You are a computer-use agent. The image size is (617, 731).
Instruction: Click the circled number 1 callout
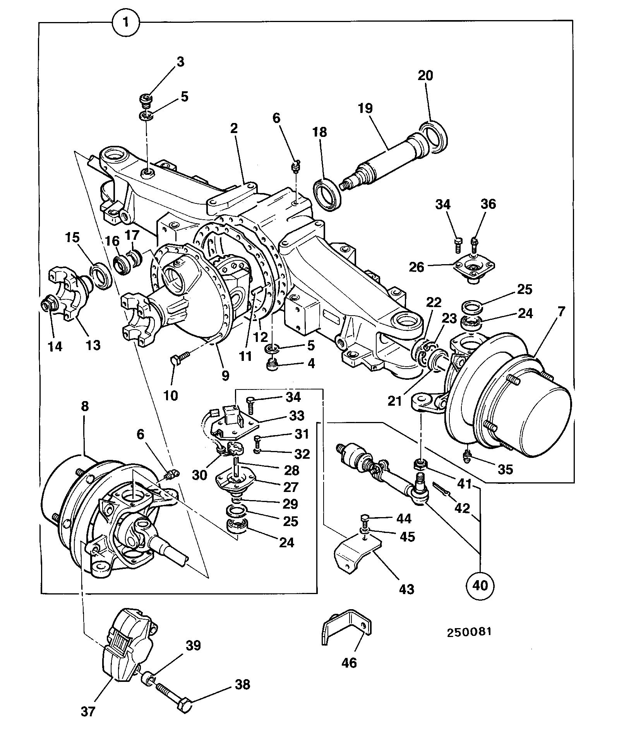[125, 22]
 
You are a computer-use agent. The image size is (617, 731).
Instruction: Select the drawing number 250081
[469, 632]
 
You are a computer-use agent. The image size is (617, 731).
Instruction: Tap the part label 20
[425, 75]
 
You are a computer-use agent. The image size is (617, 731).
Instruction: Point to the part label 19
[365, 108]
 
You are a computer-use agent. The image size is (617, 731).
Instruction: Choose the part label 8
[85, 406]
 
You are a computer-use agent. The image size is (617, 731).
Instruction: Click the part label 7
[561, 311]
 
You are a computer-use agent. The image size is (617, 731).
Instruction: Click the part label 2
[233, 128]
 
